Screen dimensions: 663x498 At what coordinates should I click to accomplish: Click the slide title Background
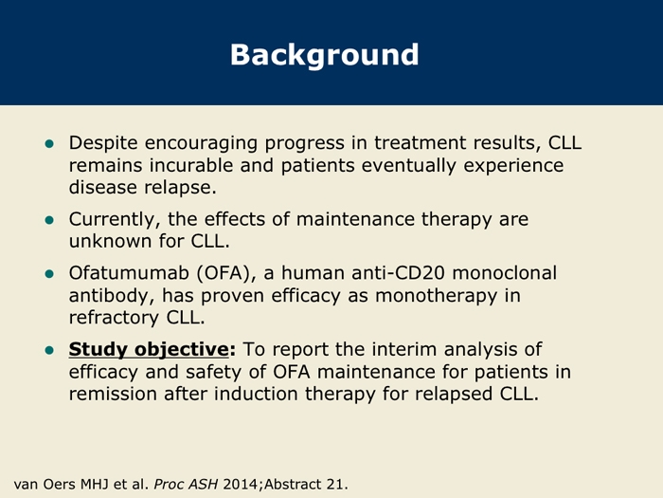pos(324,55)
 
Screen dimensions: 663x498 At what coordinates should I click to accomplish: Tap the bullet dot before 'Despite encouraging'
pos(49,144)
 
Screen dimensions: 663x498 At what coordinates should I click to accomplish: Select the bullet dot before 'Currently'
pos(49,220)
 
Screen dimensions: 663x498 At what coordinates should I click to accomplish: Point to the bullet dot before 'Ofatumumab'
pos(49,274)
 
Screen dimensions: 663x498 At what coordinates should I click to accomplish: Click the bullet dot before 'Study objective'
pos(49,350)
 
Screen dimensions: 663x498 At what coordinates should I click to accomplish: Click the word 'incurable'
pos(191,165)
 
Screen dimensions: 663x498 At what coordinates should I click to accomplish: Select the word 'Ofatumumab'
pos(129,273)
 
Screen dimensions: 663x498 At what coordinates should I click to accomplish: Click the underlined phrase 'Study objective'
pos(149,350)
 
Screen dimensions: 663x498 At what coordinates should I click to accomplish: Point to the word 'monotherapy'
pos(436,296)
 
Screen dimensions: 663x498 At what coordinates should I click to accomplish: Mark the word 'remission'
pos(113,394)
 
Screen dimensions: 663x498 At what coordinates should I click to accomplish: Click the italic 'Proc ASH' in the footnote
pos(186,484)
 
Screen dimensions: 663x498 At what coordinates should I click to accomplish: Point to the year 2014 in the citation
pos(241,484)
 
